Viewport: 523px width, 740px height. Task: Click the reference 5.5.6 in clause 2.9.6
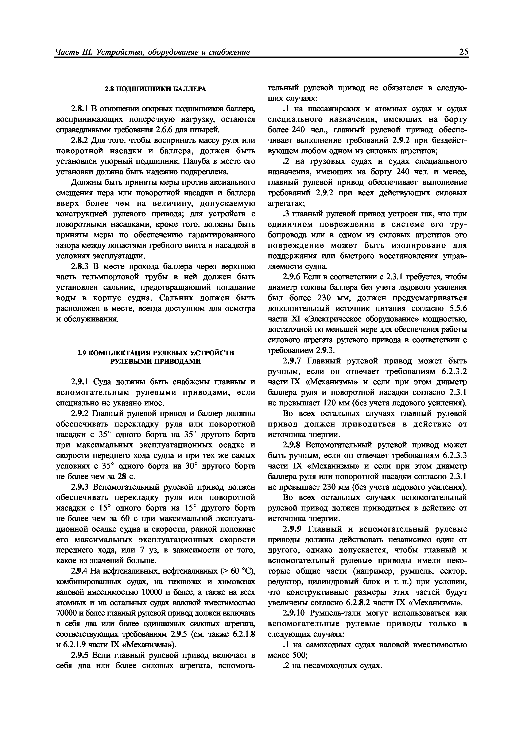click(458, 309)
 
